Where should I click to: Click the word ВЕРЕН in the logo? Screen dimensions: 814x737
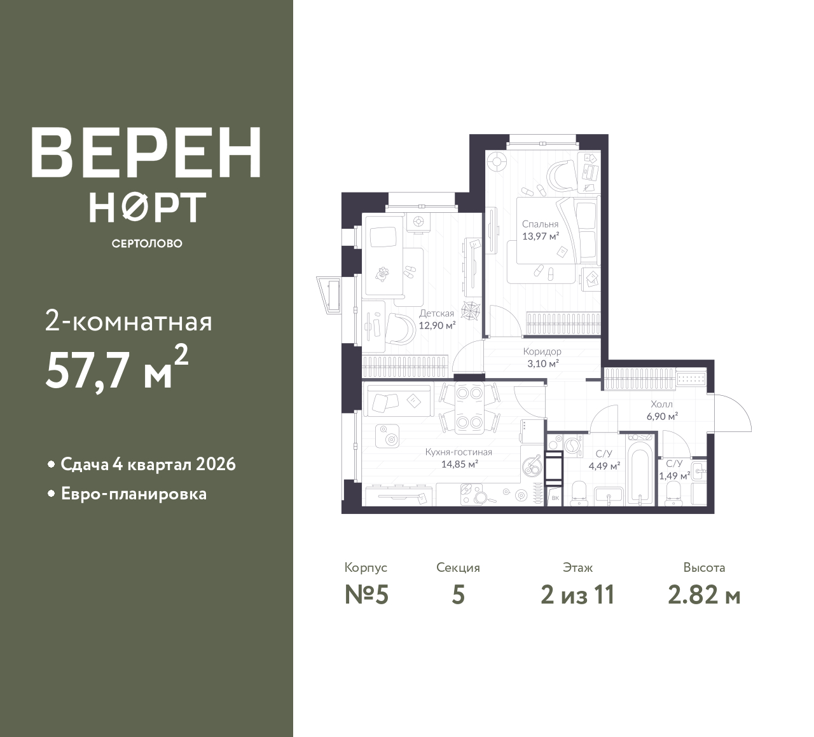[x=146, y=152]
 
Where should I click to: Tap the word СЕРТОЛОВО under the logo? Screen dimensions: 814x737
[x=147, y=243]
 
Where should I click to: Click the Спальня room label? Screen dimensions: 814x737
[x=540, y=224]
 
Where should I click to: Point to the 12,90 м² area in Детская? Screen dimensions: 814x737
[x=437, y=325]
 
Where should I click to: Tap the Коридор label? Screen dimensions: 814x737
[x=542, y=351]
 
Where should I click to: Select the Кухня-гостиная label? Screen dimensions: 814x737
[x=459, y=452]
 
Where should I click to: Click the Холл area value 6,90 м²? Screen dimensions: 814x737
[x=662, y=416]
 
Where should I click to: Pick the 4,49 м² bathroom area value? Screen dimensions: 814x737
[x=604, y=466]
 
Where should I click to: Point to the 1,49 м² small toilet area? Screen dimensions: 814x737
[x=674, y=476]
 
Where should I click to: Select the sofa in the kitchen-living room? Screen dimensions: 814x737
[x=398, y=400]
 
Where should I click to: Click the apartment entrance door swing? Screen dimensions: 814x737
[x=730, y=413]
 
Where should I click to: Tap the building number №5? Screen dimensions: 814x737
[x=367, y=595]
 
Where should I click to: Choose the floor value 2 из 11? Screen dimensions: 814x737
[x=577, y=595]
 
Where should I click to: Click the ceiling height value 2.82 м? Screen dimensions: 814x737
[x=705, y=595]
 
